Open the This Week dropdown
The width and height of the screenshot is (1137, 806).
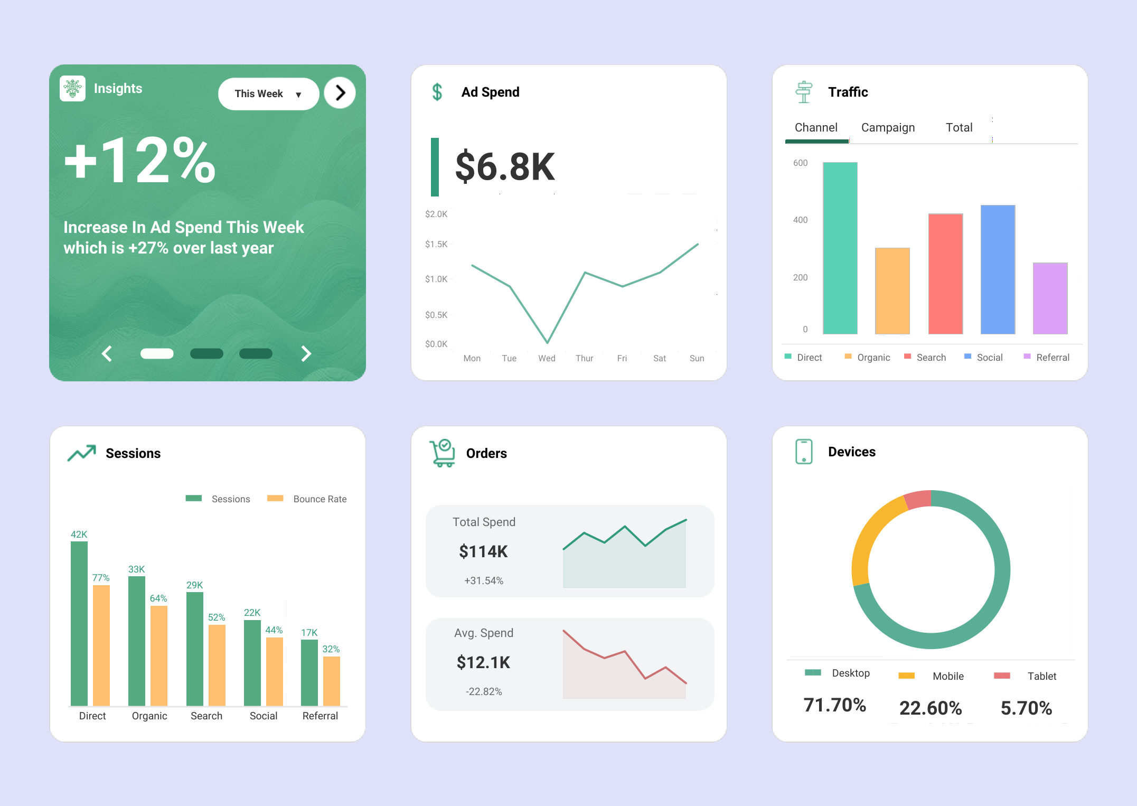(x=268, y=93)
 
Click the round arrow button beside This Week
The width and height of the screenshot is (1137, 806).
(x=340, y=93)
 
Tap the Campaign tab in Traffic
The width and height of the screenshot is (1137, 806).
(x=888, y=127)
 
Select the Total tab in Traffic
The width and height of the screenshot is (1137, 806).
(x=959, y=127)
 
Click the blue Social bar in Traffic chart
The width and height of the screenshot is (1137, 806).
(x=998, y=269)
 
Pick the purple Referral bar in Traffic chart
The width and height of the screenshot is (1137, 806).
(x=1050, y=298)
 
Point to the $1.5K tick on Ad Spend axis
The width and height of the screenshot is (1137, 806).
(x=436, y=244)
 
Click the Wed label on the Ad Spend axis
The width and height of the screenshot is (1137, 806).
(x=547, y=358)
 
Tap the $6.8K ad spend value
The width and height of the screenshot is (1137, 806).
(x=505, y=166)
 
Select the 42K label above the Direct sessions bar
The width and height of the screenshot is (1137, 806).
(x=79, y=534)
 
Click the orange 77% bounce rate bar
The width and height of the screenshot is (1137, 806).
(x=101, y=644)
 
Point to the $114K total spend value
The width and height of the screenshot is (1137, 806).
(x=483, y=551)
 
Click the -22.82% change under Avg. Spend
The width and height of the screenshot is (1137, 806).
(x=484, y=691)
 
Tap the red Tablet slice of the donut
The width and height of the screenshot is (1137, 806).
(x=918, y=500)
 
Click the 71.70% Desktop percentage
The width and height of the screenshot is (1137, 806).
(x=834, y=705)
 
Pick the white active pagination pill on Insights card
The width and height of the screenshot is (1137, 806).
(x=157, y=353)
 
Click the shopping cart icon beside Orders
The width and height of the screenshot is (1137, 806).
(x=442, y=453)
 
